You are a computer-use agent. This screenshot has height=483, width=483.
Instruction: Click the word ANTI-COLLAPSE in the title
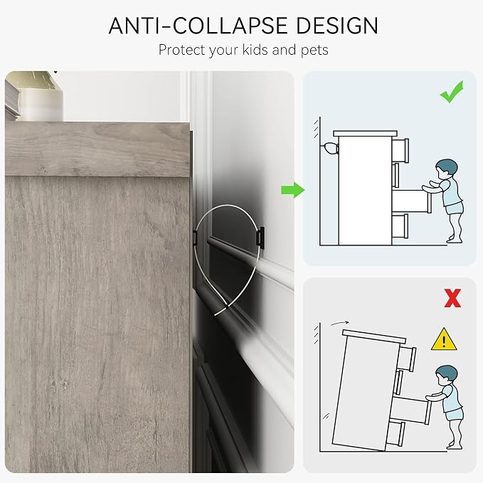198,26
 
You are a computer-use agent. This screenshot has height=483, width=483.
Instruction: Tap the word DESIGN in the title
337,26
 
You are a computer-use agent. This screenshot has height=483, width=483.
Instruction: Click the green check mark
452,92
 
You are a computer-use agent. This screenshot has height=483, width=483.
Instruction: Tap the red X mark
452,298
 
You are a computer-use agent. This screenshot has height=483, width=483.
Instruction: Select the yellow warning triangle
444,339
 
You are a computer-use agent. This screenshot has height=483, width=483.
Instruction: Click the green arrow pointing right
293,190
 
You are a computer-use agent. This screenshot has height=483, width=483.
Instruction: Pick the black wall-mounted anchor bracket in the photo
260,238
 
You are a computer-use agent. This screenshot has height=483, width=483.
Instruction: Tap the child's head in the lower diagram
446,375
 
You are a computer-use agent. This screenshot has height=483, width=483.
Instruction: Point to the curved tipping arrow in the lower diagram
340,323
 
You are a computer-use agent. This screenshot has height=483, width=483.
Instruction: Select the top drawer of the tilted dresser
407,359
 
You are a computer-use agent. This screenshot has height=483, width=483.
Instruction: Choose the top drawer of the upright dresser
400,150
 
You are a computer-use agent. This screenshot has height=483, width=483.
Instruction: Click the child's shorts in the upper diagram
453,208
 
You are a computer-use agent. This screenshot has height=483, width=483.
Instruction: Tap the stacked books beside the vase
12,100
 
